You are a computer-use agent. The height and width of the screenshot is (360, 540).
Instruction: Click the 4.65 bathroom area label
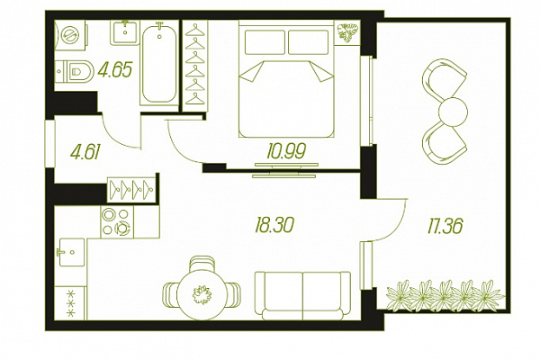(x=115, y=70)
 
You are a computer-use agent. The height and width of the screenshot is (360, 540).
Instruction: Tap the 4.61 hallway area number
(x=85, y=152)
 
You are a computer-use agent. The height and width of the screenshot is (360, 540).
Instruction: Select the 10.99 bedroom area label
(x=286, y=151)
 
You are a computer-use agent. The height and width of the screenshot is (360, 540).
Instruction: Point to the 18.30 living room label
(x=274, y=225)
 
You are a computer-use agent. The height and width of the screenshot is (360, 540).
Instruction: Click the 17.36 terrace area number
(x=445, y=226)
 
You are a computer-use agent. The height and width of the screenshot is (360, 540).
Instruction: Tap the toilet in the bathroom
(x=74, y=72)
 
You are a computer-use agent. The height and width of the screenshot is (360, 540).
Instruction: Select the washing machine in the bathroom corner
(x=70, y=35)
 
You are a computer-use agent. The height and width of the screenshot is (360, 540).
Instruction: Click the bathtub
(x=159, y=64)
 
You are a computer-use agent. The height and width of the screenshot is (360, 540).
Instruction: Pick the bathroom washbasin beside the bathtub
(x=125, y=32)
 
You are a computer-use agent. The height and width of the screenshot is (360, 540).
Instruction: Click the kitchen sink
(x=72, y=252)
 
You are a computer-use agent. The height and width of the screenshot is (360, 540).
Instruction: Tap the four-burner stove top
(x=117, y=221)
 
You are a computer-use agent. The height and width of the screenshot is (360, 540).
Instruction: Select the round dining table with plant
(x=202, y=294)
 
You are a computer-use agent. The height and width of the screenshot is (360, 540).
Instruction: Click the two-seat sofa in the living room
(x=302, y=295)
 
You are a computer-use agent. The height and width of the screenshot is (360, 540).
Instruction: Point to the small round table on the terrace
(x=454, y=112)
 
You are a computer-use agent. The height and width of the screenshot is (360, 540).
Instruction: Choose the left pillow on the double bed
(x=265, y=42)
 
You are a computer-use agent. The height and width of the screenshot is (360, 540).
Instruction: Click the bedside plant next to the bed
(x=347, y=32)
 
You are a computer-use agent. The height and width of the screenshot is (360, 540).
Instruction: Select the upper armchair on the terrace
(x=444, y=80)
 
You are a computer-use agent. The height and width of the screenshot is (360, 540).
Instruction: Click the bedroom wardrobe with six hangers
(x=195, y=66)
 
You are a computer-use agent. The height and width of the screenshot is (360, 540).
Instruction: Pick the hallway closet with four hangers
(x=130, y=189)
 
